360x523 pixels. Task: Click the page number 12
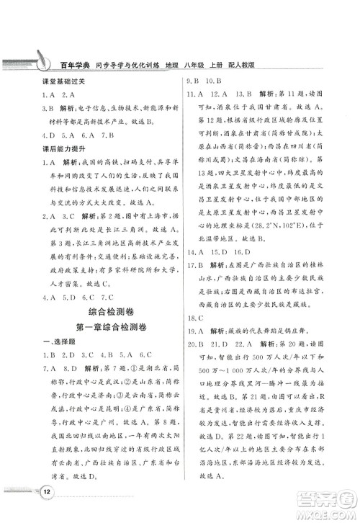(45, 491)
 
